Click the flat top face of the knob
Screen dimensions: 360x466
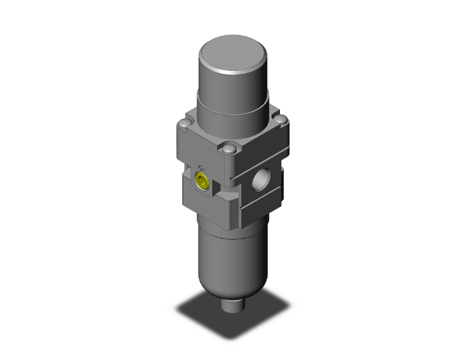pyautogui.click(x=233, y=51)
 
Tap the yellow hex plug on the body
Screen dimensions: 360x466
pyautogui.click(x=201, y=182)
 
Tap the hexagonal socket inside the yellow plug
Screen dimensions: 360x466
pyautogui.click(x=201, y=182)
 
